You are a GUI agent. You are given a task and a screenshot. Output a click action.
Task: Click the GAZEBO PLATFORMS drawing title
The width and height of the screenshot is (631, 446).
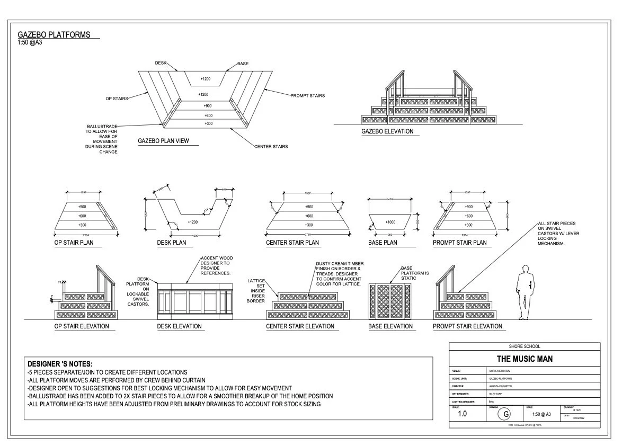coord(54,35)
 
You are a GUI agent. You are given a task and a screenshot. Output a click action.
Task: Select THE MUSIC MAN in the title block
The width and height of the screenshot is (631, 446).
coord(525,359)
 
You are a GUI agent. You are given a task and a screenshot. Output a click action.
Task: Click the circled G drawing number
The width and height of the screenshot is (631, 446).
coord(506,414)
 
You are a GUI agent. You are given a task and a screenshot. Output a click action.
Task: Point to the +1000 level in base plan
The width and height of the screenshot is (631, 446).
coord(390,222)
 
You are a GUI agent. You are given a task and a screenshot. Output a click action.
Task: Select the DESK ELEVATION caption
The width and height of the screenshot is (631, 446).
coord(180,326)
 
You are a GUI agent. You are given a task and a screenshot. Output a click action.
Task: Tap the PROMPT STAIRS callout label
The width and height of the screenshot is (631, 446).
coord(307,96)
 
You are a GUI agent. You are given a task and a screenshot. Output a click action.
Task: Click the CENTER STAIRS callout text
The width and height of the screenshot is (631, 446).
coord(271,146)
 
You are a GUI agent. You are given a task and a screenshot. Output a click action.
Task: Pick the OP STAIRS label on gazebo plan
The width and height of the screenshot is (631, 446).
coord(117,99)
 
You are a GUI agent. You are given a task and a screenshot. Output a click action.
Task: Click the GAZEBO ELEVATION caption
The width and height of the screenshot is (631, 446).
coord(387,131)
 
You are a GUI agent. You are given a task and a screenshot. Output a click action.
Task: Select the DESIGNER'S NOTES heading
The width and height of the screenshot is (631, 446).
coord(60,364)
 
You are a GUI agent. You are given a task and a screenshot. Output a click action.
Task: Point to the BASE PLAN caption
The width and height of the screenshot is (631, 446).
coord(383,243)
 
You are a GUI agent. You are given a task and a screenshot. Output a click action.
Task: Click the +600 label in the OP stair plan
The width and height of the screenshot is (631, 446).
coord(82,216)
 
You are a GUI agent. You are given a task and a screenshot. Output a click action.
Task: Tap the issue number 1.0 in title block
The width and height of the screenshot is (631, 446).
coord(463,414)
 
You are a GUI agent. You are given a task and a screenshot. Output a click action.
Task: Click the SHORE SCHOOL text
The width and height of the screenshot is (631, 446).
coord(524,346)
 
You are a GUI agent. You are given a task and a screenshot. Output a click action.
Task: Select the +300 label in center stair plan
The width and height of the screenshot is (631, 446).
coord(309,226)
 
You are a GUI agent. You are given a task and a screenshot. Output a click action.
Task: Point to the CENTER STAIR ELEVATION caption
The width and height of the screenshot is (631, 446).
coord(300,326)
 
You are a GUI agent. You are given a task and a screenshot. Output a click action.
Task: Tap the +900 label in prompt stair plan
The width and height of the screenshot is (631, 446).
coord(468,207)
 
